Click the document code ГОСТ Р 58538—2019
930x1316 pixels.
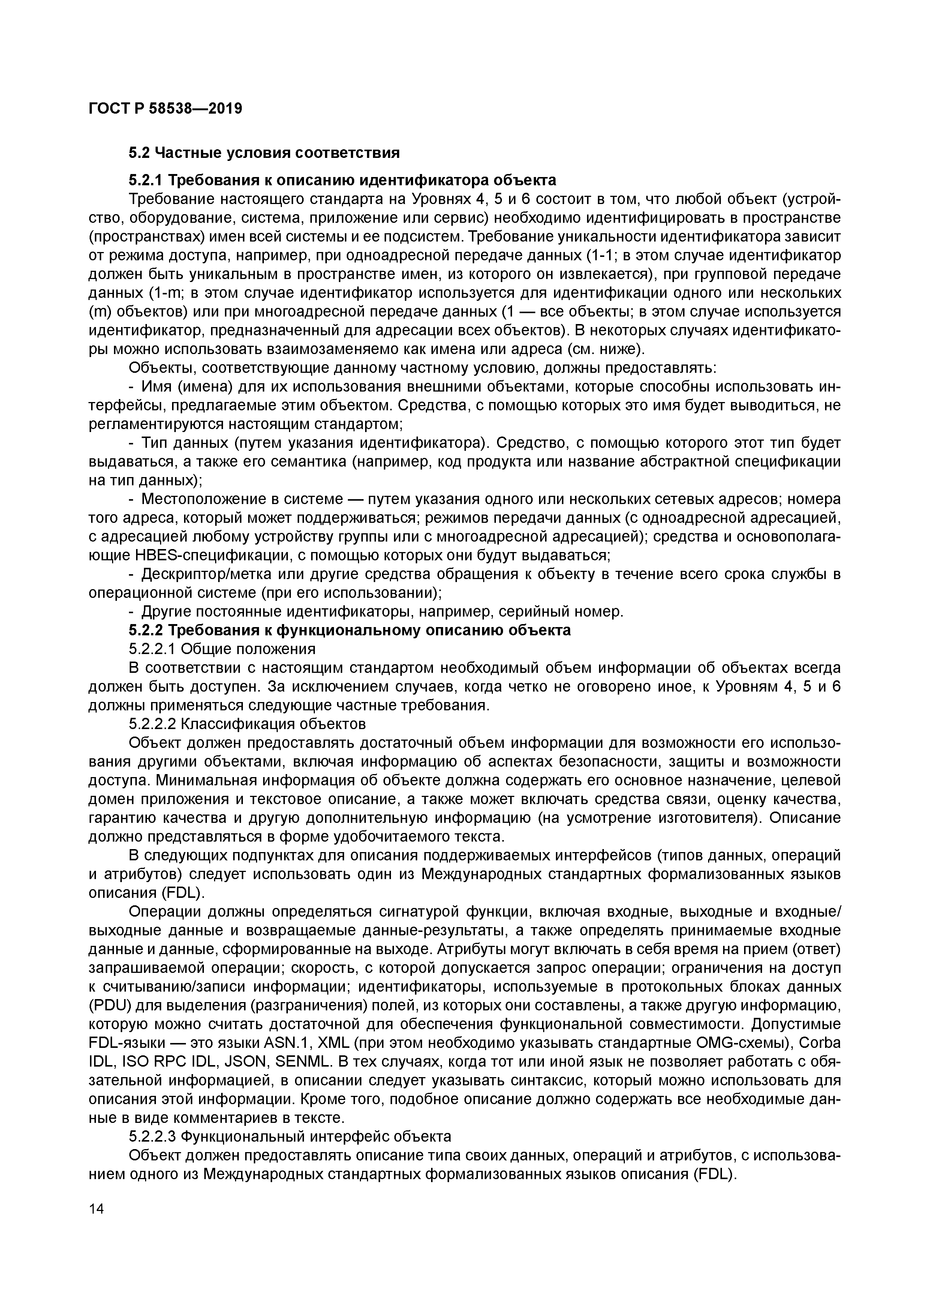point(166,108)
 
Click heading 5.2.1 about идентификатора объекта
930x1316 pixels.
point(342,180)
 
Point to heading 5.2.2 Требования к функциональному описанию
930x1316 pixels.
point(349,630)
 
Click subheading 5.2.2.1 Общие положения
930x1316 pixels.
point(222,650)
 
